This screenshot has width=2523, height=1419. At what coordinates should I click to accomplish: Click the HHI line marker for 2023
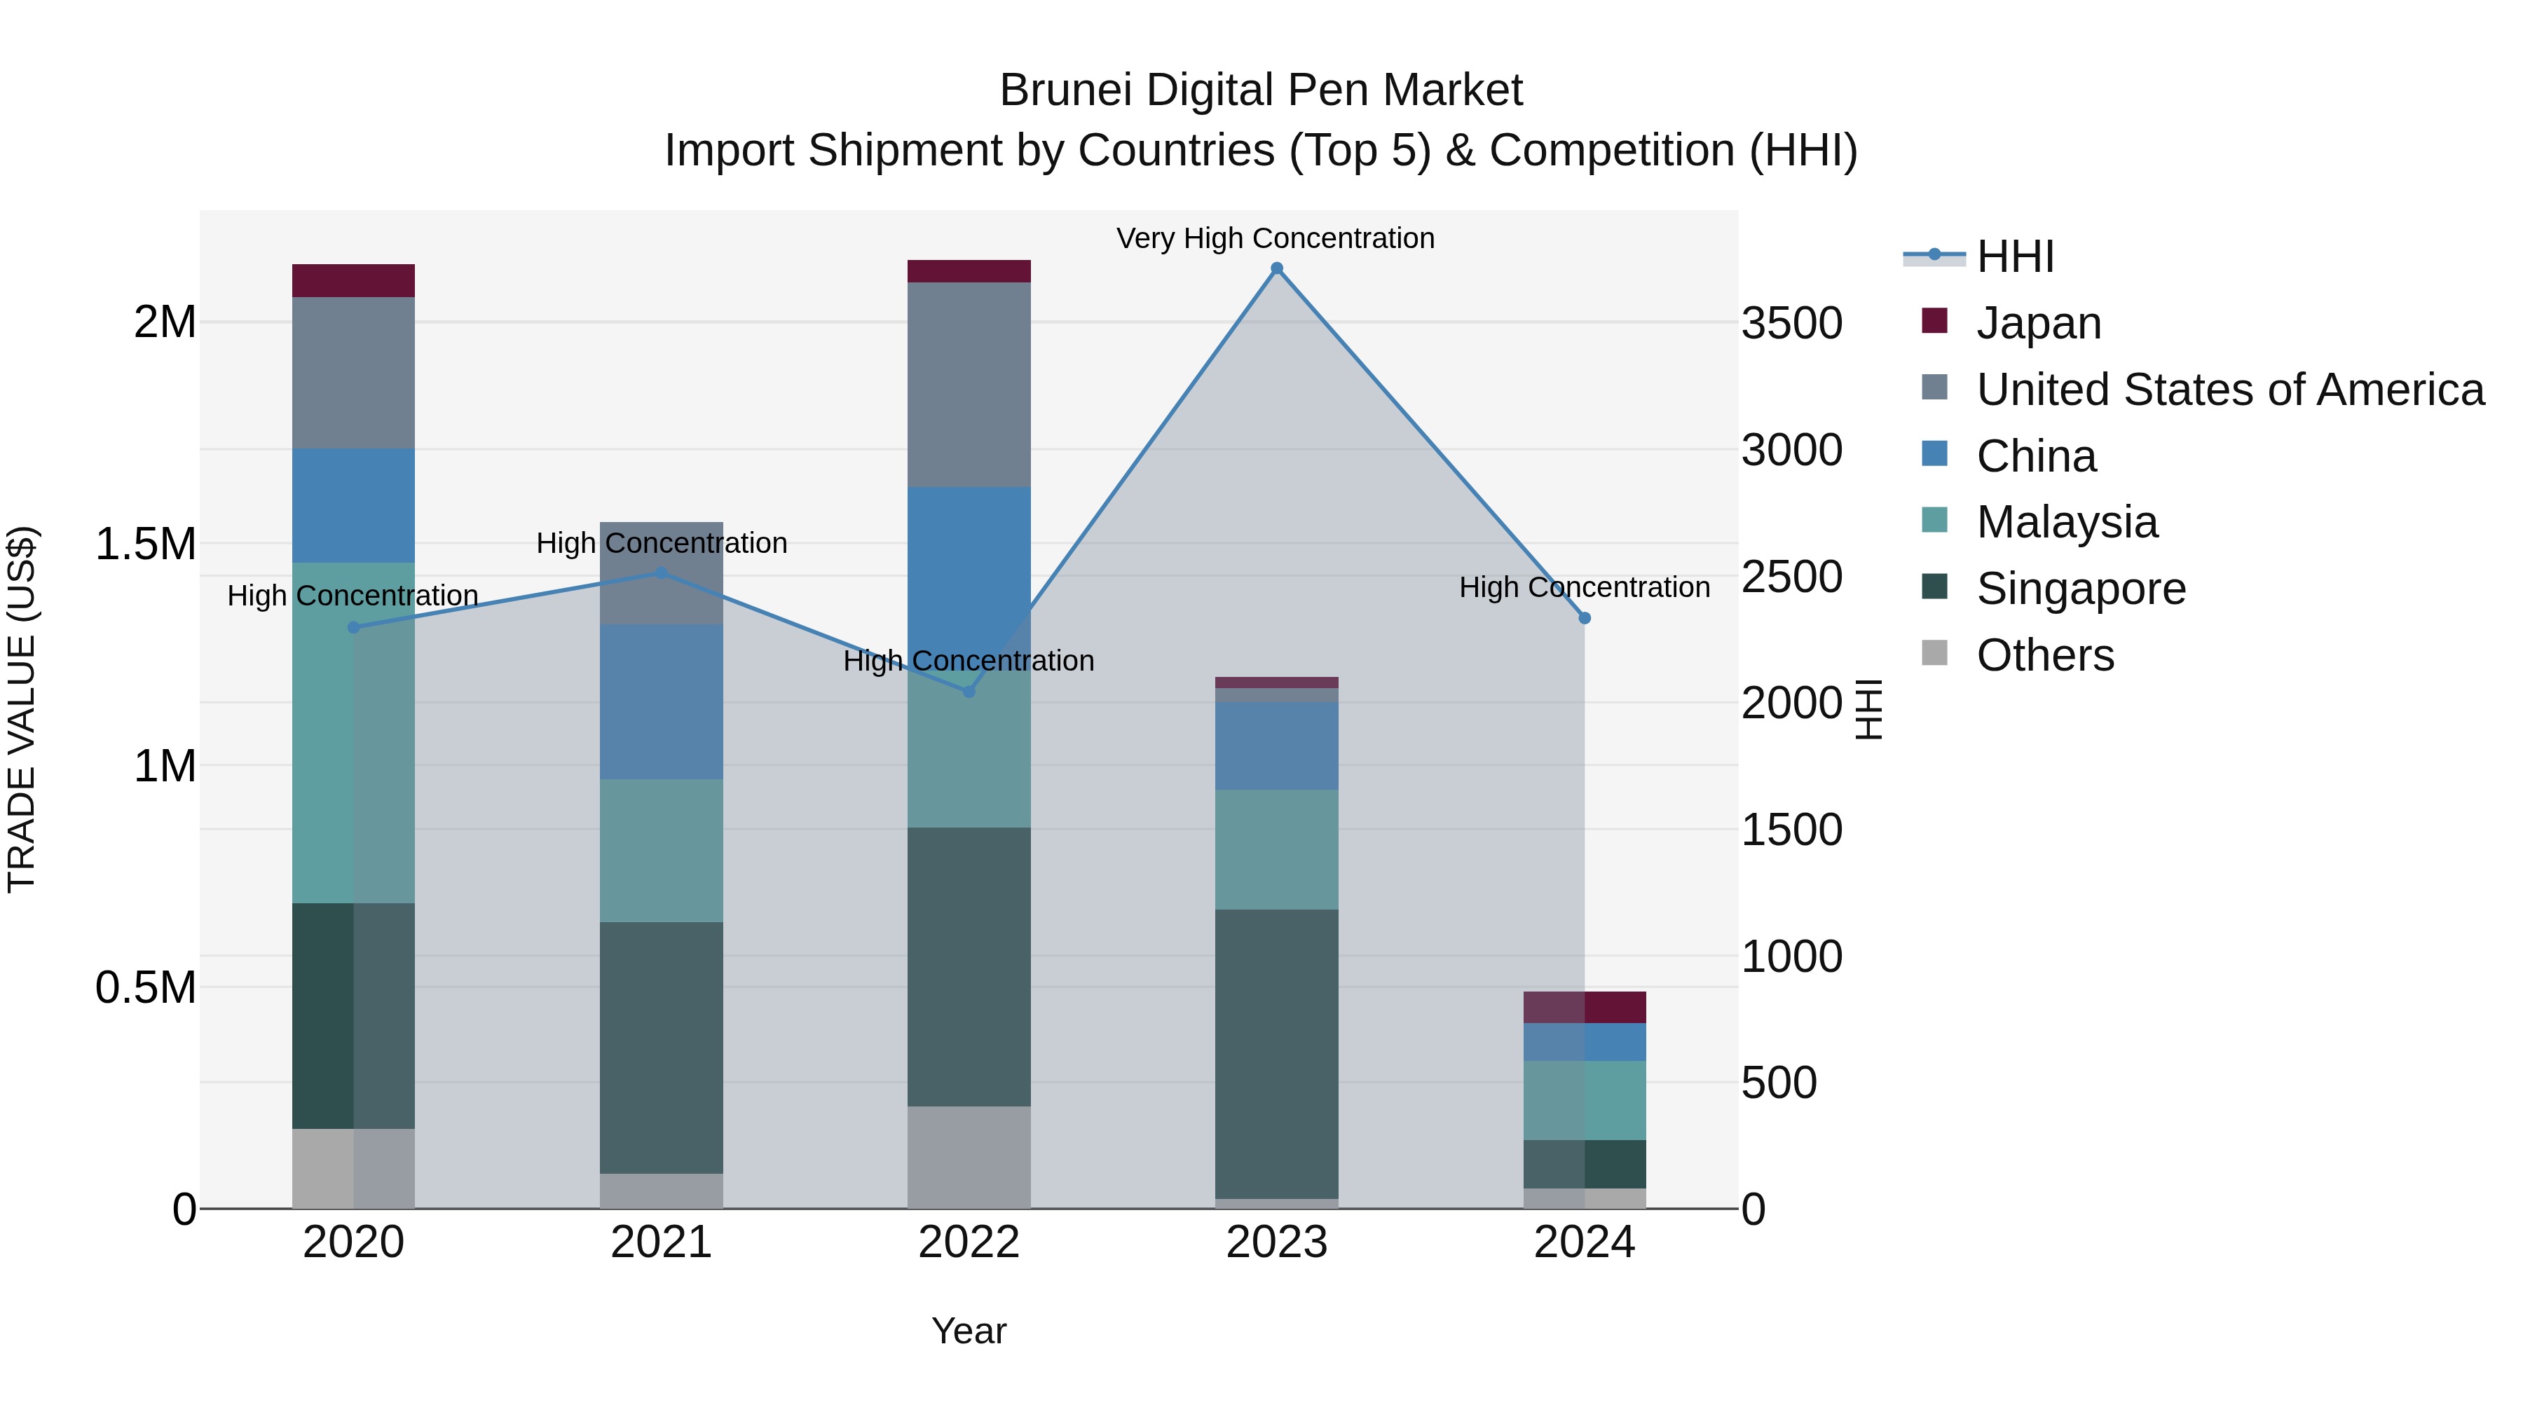tap(1276, 268)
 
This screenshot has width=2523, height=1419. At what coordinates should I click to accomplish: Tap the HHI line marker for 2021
tap(661, 573)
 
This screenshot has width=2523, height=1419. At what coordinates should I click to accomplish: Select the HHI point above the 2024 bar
tap(1584, 618)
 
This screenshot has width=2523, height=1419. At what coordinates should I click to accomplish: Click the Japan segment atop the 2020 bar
tap(354, 280)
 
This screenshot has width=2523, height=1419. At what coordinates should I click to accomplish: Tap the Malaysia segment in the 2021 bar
tap(661, 850)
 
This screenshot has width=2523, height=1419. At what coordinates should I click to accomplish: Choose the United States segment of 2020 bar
tap(354, 372)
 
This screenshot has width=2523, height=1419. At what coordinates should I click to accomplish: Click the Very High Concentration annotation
tap(1276, 238)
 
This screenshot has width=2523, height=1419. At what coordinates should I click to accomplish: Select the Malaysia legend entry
tap(2067, 522)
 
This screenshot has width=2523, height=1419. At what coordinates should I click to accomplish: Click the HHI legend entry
tap(2015, 256)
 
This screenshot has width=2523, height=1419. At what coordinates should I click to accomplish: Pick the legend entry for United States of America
tap(2229, 390)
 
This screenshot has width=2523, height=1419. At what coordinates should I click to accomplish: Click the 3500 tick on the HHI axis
tap(1791, 323)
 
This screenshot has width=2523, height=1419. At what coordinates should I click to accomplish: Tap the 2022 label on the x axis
tap(969, 1242)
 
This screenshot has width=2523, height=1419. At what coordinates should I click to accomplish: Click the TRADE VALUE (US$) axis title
tap(22, 709)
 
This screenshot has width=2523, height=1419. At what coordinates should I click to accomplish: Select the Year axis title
tap(969, 1331)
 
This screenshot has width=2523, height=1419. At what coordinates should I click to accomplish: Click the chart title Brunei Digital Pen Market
tap(1261, 90)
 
